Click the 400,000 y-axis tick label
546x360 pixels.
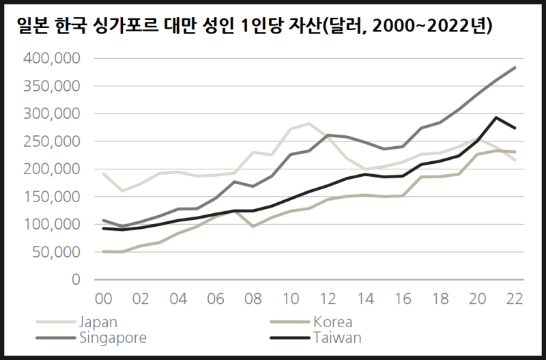pos(53,59)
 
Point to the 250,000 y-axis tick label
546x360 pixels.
pos(53,141)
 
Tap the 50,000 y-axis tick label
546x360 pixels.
pos(57,252)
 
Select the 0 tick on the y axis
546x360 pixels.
pos(76,279)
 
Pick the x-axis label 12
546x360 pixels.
pos(327,299)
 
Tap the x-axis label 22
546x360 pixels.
pos(514,299)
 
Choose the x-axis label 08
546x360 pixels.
pos(252,299)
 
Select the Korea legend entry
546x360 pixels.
pos(332,322)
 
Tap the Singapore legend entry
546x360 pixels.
pos(113,337)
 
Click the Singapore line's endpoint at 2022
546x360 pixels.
pos(515,68)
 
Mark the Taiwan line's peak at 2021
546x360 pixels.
pos(496,117)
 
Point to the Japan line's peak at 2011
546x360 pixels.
pos(309,124)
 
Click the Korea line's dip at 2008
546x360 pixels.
pos(253,226)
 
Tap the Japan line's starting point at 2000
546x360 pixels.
pos(102,174)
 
